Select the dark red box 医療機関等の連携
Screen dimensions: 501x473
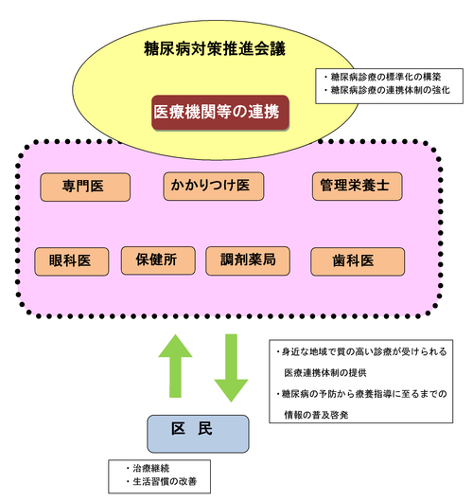point(219,112)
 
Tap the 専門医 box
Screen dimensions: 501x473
point(84,187)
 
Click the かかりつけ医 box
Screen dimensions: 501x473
point(213,186)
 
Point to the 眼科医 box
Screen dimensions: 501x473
point(70,261)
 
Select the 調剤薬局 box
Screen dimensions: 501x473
point(245,261)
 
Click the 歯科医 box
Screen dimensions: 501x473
point(357,261)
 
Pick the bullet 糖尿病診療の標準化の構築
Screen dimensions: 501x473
point(382,76)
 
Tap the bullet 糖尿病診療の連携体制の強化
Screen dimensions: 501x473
point(387,91)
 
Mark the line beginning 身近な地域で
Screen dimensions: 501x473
point(364,350)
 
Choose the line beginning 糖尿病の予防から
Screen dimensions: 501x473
point(365,392)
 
